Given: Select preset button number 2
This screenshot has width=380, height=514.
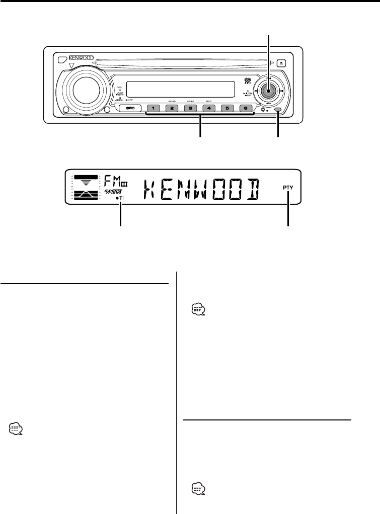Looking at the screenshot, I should click(x=172, y=108).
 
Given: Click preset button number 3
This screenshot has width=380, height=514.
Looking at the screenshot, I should click(x=190, y=108).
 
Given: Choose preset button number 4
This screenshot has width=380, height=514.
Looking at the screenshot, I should click(x=208, y=108).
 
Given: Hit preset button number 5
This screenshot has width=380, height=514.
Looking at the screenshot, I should click(x=226, y=108).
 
